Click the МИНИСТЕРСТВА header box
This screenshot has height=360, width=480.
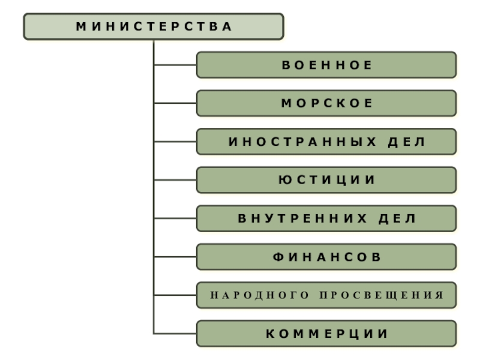tap(154, 26)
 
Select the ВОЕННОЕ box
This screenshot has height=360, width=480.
tap(326, 65)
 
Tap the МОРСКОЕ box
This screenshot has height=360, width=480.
tap(326, 103)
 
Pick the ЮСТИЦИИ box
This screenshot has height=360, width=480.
tap(326, 180)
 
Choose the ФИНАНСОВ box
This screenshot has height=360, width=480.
tap(326, 257)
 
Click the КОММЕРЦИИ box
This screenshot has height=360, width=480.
tap(326, 334)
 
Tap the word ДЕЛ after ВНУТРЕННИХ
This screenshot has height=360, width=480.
tap(397, 219)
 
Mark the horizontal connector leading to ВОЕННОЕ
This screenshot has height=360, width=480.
tap(175, 65)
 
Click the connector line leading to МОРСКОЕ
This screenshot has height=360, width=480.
tap(175, 103)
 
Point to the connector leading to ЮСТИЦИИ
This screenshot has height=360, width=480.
tap(175, 180)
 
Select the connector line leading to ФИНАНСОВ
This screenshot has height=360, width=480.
tap(175, 257)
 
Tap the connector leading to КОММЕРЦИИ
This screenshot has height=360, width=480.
tap(175, 334)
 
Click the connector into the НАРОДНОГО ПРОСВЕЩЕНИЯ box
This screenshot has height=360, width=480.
tap(175, 295)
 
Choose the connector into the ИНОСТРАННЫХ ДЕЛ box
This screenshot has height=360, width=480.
tap(175, 142)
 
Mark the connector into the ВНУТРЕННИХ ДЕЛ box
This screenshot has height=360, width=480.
tap(175, 218)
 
